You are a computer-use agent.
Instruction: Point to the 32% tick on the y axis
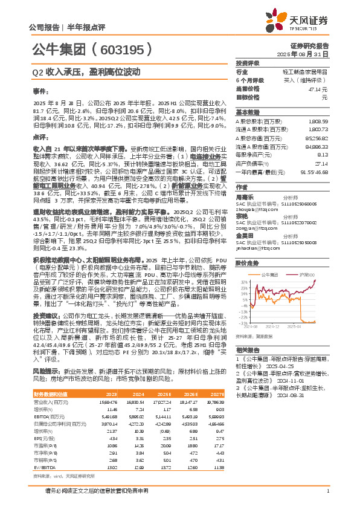tap(244, 282)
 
